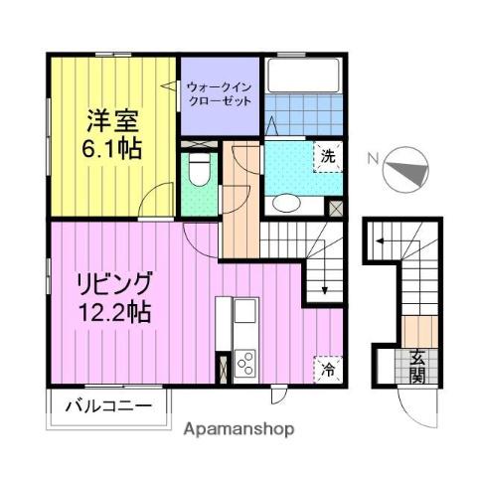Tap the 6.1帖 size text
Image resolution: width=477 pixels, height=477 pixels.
111,149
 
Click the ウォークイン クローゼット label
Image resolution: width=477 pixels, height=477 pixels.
219,93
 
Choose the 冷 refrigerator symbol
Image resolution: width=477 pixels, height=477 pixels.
327,369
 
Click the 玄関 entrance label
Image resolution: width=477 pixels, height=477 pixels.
417,368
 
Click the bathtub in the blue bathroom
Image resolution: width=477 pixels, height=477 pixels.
298,79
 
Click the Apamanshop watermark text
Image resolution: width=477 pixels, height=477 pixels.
239,430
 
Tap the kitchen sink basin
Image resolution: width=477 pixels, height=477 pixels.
243,320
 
